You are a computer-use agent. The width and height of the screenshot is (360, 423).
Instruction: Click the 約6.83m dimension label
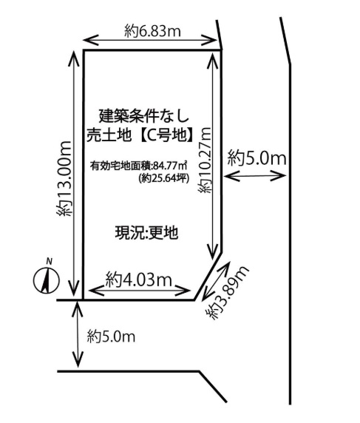(152, 31)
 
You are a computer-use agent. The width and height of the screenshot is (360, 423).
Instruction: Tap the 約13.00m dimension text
(64, 178)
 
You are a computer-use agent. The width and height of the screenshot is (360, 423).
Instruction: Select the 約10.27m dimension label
(206, 160)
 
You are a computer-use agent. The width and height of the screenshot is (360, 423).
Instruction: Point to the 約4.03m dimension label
(139, 280)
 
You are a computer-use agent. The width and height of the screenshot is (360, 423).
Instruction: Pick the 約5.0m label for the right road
(257, 158)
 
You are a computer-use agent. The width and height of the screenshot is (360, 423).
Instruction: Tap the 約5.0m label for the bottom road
(111, 336)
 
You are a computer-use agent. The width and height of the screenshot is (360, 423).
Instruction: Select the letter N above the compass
(49, 261)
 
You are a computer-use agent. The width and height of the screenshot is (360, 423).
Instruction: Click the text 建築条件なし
(144, 116)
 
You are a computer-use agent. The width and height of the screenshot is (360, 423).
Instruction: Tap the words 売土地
(109, 135)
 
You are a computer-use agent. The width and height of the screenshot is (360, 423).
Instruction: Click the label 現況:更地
(146, 232)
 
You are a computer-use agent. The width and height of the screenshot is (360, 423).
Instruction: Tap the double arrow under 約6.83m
(150, 41)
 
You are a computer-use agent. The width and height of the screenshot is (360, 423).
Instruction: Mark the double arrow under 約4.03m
(140, 291)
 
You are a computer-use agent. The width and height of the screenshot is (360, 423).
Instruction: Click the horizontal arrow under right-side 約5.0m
(255, 176)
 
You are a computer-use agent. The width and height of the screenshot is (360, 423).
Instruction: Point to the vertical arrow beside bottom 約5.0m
(78, 334)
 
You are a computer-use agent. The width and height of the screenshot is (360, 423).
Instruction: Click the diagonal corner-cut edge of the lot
(208, 276)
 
